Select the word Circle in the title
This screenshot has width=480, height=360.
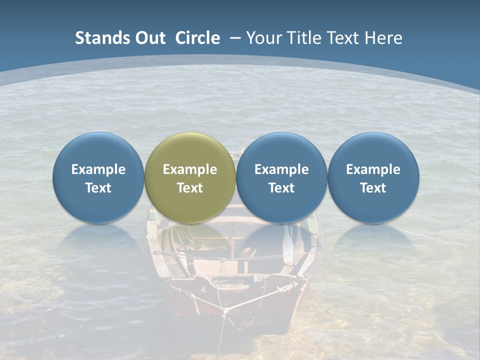pos(197,38)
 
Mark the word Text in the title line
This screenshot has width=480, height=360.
pos(344,38)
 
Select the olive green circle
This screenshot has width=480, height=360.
pos(190,177)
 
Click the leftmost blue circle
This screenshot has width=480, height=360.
pos(98,177)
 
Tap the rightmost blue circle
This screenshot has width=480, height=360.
pos(373,177)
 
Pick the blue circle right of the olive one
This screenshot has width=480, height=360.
pos(281,177)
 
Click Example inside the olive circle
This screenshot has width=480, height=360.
pos(190,169)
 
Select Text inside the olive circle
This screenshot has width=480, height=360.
pos(190,188)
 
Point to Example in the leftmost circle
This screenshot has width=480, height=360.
pos(98,169)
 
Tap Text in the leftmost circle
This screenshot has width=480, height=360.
pos(98,188)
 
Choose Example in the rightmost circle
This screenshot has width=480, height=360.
pos(373,169)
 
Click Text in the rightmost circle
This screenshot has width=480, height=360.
pos(373,188)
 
